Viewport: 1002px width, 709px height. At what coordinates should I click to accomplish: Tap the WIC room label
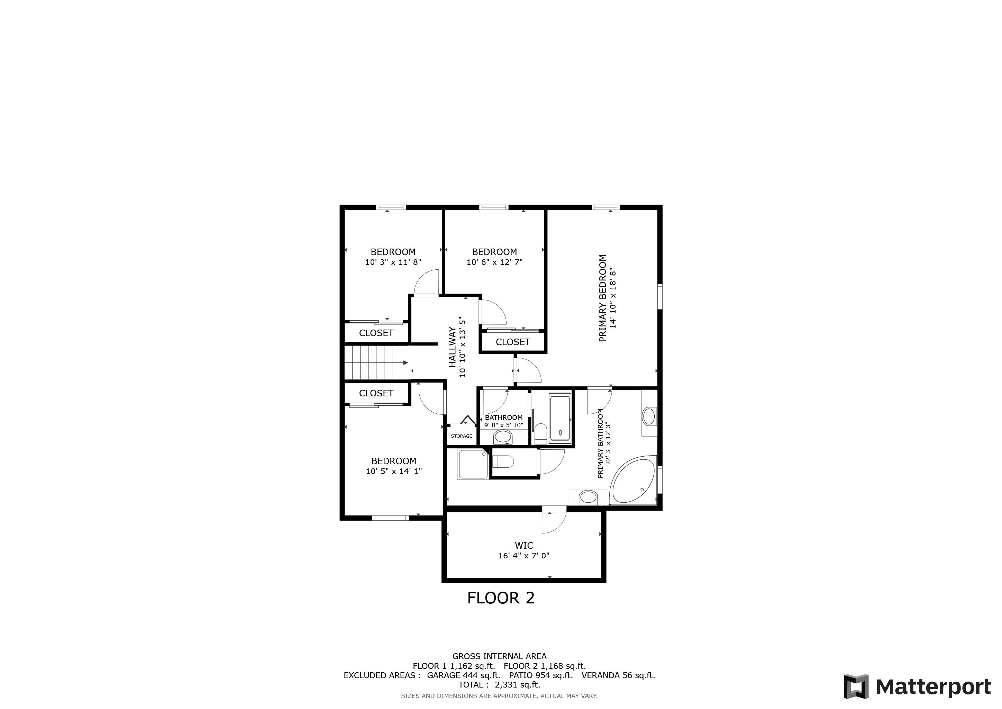point(524,545)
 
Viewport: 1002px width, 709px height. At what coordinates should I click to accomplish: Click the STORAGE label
point(461,436)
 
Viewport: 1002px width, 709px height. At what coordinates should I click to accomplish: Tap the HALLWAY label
point(453,347)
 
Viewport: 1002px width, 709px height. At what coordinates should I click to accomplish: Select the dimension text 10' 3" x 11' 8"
point(393,262)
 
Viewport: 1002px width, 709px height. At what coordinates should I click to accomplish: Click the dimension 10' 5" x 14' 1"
point(394,471)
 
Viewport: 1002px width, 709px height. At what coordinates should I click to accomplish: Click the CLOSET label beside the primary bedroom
point(513,342)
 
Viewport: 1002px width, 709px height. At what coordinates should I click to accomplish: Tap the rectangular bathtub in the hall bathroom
point(560,418)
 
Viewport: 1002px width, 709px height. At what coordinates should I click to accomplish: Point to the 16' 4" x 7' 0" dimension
point(524,556)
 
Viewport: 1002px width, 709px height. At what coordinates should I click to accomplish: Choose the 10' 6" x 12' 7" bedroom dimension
point(494,262)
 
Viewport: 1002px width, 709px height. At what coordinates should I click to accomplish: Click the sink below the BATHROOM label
point(503,436)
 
